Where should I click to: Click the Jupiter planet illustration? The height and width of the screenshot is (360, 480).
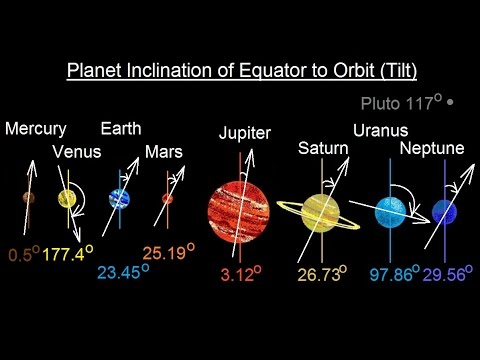[238, 208]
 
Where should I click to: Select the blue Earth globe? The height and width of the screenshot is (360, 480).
[121, 198]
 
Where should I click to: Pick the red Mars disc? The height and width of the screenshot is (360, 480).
[167, 199]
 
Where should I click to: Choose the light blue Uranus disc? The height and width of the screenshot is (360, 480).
[387, 211]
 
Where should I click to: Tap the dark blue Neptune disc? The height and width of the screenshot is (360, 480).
[443, 211]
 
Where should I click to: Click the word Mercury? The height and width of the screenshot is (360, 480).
[35, 129]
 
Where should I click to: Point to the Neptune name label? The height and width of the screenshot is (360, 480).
[431, 149]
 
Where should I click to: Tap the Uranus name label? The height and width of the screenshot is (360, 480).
[380, 129]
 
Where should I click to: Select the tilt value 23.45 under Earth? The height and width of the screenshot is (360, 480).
[118, 270]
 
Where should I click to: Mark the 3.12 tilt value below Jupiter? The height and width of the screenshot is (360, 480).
[237, 271]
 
